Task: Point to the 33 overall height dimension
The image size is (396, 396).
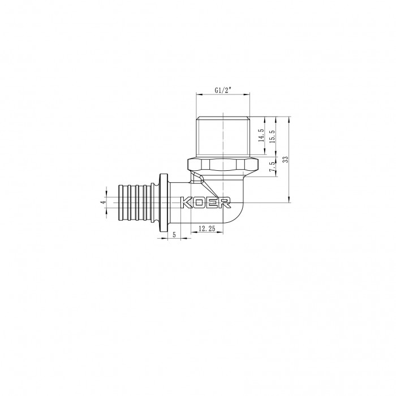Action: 286,159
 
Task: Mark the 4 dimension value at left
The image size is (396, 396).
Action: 103,203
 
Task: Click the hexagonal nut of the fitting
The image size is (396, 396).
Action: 223,165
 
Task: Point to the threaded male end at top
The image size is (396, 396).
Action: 223,136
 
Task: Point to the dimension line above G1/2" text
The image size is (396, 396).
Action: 223,96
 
